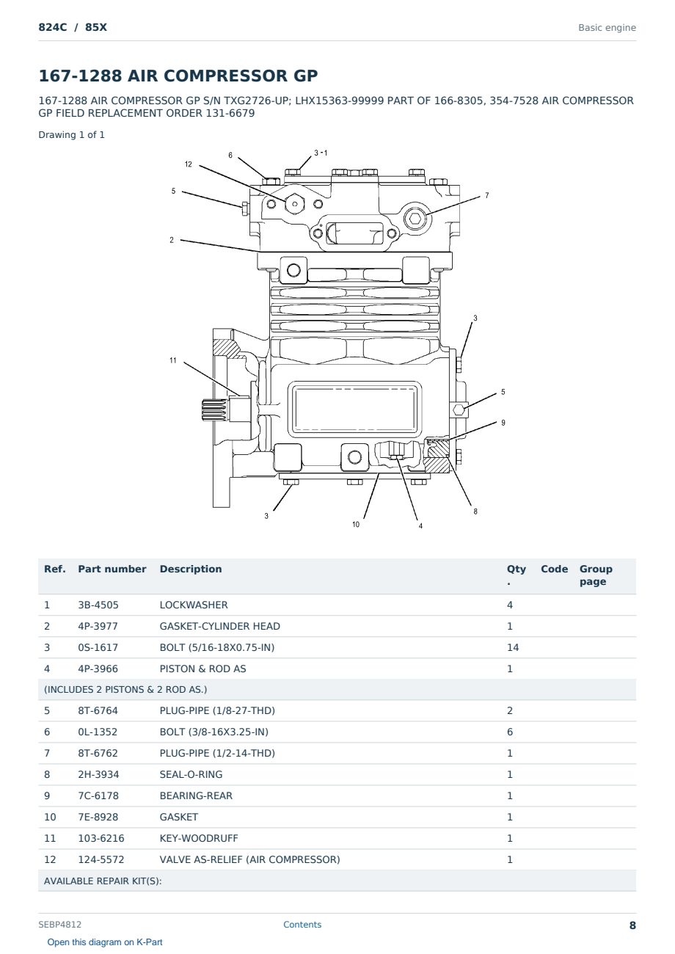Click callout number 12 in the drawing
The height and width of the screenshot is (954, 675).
(189, 164)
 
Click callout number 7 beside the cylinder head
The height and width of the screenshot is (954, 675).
(486, 195)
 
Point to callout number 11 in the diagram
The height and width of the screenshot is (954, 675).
(173, 360)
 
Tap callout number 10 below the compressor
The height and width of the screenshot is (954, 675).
(356, 524)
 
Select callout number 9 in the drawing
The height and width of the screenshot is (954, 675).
(503, 423)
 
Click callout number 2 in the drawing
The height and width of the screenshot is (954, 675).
(172, 240)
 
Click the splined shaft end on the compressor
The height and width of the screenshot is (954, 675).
(216, 409)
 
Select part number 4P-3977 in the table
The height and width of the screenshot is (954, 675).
(98, 626)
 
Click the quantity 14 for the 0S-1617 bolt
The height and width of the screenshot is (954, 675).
(513, 647)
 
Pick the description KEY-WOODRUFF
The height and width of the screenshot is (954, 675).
(199, 838)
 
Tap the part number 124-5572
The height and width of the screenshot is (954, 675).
(101, 859)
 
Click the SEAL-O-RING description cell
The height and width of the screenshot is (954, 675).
(191, 774)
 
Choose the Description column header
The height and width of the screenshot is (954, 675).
(191, 569)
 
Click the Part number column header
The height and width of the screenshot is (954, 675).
(112, 569)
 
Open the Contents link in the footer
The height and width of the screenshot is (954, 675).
(302, 924)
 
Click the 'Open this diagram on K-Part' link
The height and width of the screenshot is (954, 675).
(105, 942)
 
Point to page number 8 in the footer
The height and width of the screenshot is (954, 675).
(632, 925)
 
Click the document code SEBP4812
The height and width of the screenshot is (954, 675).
(59, 924)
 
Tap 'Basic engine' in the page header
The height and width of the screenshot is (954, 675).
(607, 28)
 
